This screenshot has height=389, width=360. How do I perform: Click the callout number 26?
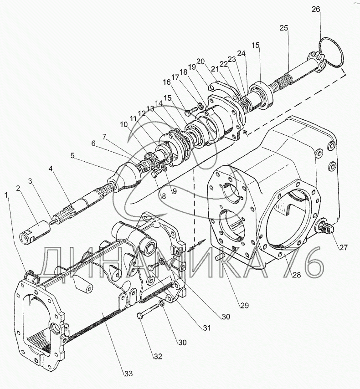[x=316, y=9]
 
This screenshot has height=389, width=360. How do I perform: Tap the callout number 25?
[x=283, y=28]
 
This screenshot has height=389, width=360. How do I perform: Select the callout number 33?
[x=129, y=374]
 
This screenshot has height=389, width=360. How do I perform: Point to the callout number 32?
[x=158, y=357]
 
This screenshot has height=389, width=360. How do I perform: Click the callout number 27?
[x=343, y=247]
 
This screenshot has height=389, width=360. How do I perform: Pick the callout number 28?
[x=297, y=275]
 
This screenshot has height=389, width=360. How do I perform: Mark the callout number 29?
[x=245, y=305]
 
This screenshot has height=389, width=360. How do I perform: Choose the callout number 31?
[x=206, y=328]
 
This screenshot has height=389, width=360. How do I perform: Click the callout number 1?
[x=6, y=195]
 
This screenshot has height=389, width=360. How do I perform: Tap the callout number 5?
[x=72, y=155]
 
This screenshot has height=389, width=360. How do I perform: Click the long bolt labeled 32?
[x=148, y=311]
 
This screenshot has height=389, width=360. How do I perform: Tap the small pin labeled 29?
[x=219, y=257]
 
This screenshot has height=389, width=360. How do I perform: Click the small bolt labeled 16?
[x=191, y=111]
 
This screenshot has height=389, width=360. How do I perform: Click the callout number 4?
[x=51, y=169]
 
